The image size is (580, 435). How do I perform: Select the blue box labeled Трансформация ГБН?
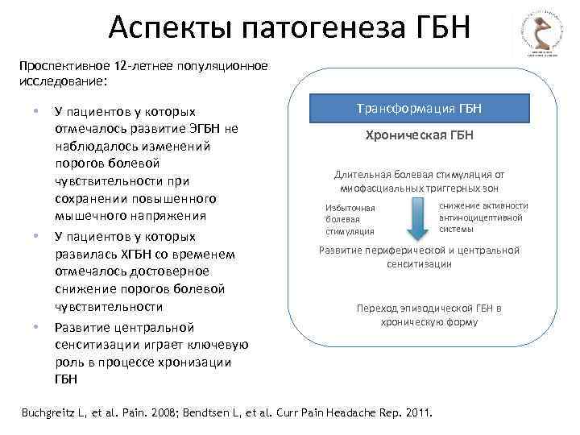[x=420, y=108]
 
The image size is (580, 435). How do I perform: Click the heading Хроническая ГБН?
[x=420, y=135]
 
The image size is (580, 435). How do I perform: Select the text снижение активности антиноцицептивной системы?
[x=483, y=217]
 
